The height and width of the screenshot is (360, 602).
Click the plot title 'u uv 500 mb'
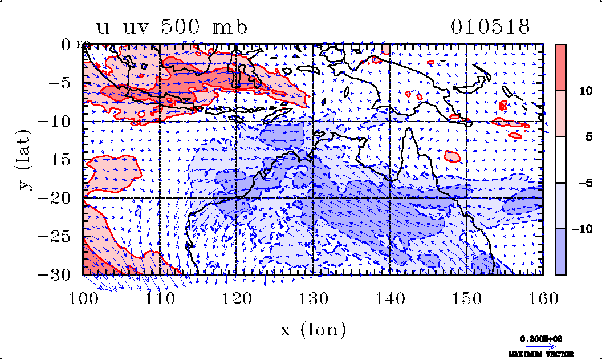coord(173,27)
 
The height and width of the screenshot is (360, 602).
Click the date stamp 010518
coord(491,27)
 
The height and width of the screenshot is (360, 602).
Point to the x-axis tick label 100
coord(83,297)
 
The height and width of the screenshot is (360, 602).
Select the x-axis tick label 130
coord(314,297)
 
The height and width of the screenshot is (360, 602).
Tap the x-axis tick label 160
coord(543,297)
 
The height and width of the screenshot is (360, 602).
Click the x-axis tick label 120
coord(237,297)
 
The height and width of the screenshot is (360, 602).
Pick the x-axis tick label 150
coord(467,297)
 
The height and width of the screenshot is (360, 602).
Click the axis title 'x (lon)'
coord(313,330)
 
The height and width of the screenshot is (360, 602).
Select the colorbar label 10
coord(581,91)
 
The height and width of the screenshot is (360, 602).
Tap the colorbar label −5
coord(581,183)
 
